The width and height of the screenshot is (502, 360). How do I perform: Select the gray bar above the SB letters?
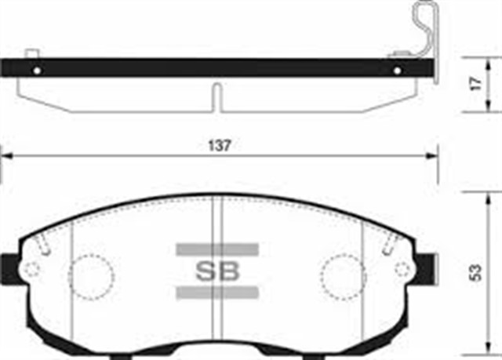tap(217, 249)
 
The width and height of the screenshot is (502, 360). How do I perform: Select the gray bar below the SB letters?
tap(217, 293)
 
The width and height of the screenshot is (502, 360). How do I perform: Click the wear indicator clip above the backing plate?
tap(424, 31)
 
